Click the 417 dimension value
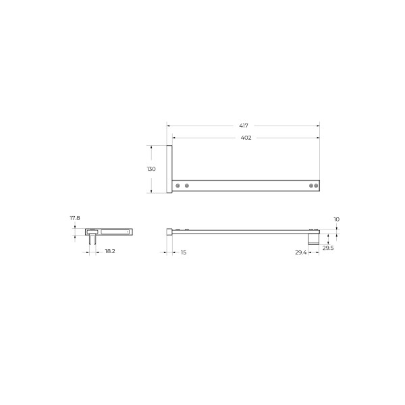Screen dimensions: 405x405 click(x=243, y=126)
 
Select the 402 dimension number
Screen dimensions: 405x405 click(x=246, y=138)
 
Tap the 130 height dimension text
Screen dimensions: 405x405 click(x=151, y=169)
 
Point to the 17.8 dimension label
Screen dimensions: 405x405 click(x=75, y=218)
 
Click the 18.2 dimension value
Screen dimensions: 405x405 click(x=109, y=252)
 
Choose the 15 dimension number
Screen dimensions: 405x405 click(x=184, y=252)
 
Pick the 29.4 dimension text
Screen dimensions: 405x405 click(x=300, y=252)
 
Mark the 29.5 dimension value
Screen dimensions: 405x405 click(x=327, y=248)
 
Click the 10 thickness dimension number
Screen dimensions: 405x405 click(x=336, y=219)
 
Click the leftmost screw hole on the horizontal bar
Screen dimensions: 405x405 click(x=178, y=185)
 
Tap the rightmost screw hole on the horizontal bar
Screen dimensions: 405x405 click(x=315, y=185)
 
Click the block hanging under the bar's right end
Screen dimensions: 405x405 click(x=314, y=238)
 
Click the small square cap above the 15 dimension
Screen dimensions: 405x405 click(x=169, y=232)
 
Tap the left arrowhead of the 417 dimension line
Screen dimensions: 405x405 click(x=169, y=126)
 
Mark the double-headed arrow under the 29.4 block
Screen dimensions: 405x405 click(x=314, y=251)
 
